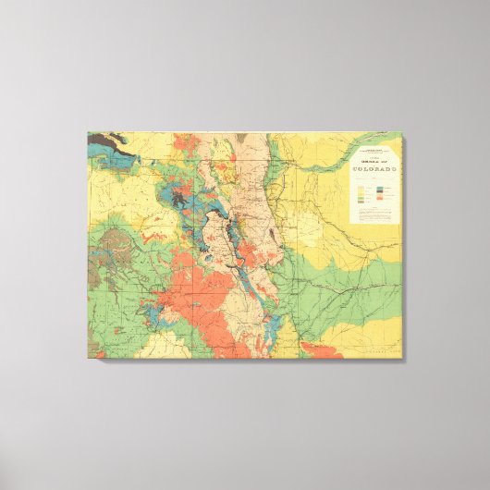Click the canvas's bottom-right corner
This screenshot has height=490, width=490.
click(x=403, y=359)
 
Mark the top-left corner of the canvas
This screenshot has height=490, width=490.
click(x=88, y=131)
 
